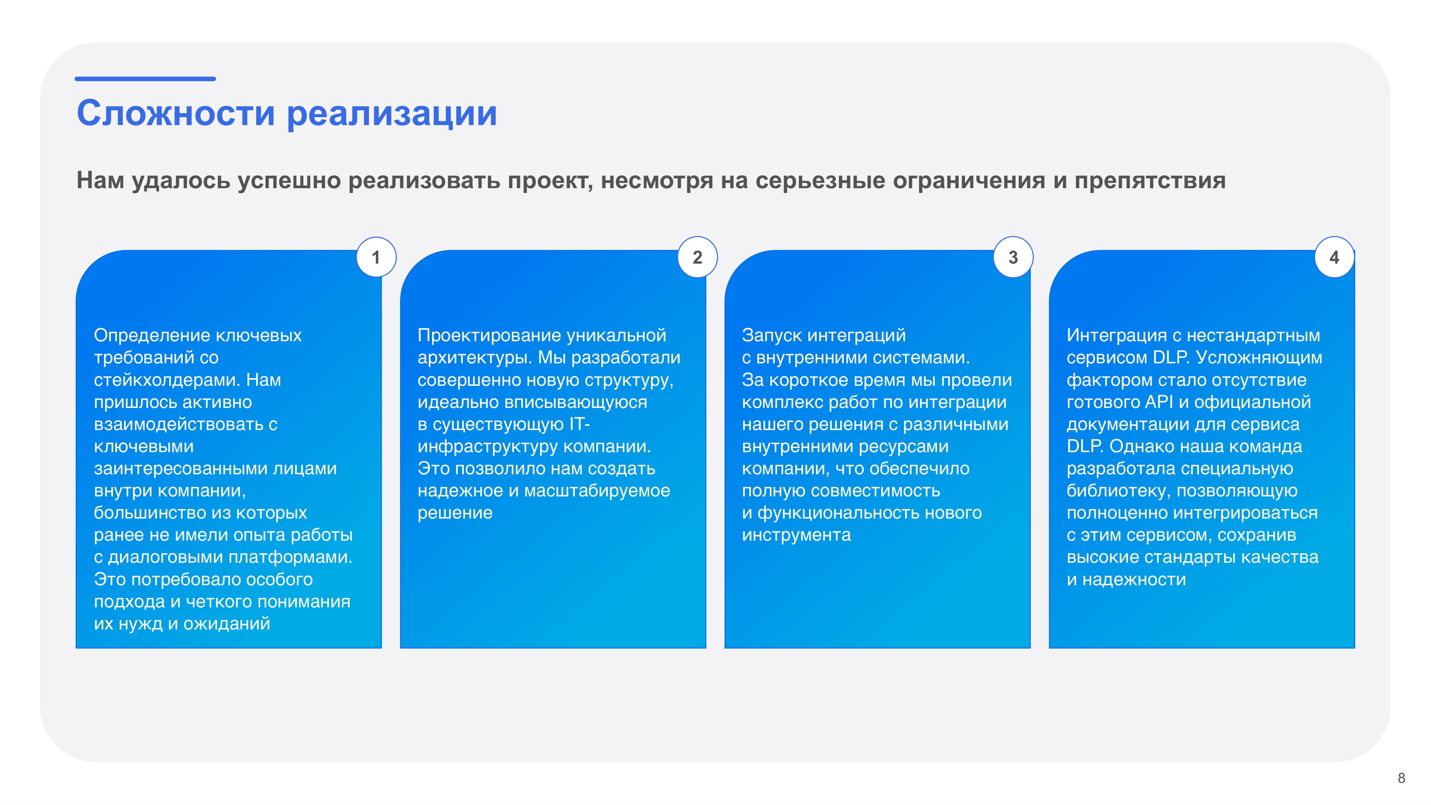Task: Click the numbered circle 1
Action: pos(376,257)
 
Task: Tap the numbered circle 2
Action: pos(698,257)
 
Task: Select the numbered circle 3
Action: pos(1013,257)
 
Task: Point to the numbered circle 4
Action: pos(1334,257)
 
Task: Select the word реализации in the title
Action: pos(391,115)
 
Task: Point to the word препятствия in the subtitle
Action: pos(1149,181)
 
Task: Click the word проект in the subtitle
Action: pos(550,181)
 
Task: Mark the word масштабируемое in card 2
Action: pos(597,491)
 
